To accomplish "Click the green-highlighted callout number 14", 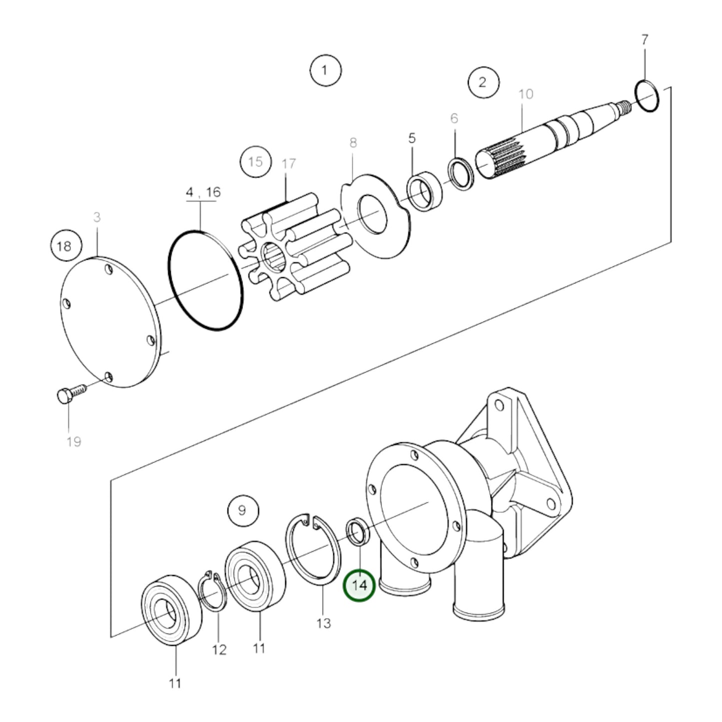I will pos(359,585).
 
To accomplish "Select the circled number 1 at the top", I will pos(325,70).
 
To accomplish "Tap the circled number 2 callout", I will pos(483,82).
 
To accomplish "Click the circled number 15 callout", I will pos(255,162).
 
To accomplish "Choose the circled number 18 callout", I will pos(64,246).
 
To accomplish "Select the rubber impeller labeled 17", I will pos(295,250).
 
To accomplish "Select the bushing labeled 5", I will pos(424,191).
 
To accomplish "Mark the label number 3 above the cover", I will pos(97,217).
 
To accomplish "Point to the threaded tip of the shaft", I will pos(625,105).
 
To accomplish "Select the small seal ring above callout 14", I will pos(358,532).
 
